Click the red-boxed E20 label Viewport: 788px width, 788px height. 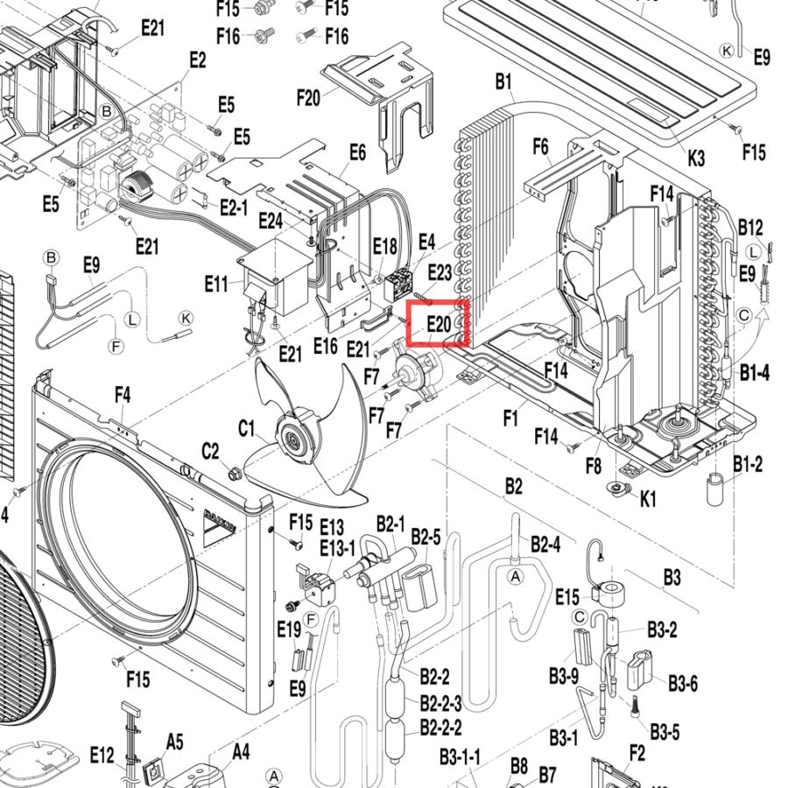439,324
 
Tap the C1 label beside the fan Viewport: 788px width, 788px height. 246,429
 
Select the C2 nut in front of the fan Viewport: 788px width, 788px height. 234,474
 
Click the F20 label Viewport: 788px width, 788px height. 308,97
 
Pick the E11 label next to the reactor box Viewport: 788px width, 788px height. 216,285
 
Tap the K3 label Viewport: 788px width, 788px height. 696,158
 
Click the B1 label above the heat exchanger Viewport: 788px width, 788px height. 503,81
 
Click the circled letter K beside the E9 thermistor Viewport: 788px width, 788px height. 186,318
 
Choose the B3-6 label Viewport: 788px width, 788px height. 683,684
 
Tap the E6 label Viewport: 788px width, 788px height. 357,152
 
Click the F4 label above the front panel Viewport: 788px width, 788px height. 123,395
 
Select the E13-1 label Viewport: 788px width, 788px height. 337,548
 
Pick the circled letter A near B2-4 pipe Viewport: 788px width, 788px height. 515,577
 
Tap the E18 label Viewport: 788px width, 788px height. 385,247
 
